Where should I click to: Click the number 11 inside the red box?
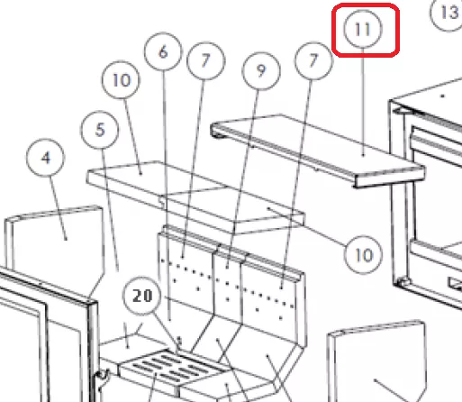362,29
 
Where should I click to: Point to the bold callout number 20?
142,296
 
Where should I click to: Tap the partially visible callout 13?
448,13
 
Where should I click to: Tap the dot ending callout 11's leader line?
363,155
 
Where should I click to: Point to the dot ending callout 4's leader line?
66,240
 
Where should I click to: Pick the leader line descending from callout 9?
242,178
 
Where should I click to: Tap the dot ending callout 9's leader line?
227,267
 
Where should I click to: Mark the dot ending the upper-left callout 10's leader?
140,173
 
